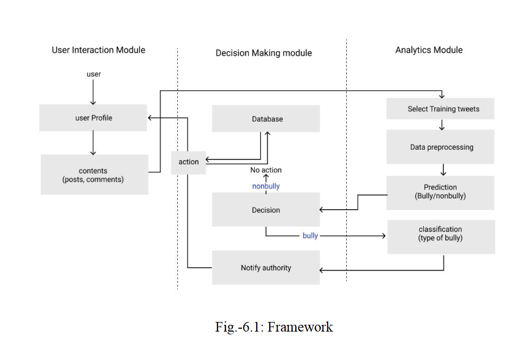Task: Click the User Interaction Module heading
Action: tap(99, 50)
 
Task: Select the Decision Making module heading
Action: tap(263, 53)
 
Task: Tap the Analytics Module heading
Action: tap(428, 50)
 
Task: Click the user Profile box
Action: tap(93, 118)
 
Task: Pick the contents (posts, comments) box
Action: tap(94, 175)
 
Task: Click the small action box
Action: tap(189, 162)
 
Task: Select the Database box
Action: tap(266, 119)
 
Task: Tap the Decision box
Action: tap(266, 210)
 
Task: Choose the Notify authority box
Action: tap(266, 268)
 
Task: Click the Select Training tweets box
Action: tap(440, 109)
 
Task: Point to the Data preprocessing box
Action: tap(440, 147)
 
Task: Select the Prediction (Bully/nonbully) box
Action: tap(440, 192)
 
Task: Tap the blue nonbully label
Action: tap(266, 186)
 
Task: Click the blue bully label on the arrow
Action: tap(310, 235)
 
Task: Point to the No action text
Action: tap(266, 170)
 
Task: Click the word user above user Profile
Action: tap(93, 74)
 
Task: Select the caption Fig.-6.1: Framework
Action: tap(274, 327)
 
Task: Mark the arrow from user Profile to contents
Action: tap(93, 144)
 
